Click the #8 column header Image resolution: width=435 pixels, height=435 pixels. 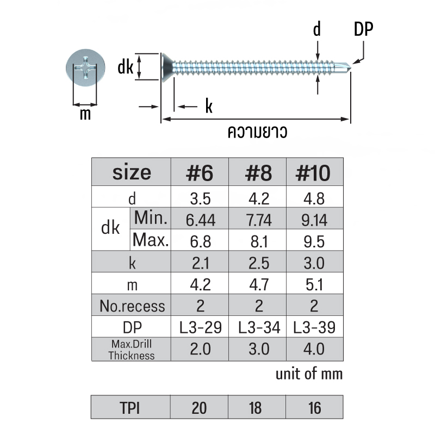point(258,173)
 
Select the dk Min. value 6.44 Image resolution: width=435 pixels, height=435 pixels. point(201,220)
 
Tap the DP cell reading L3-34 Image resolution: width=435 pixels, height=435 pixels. point(259,327)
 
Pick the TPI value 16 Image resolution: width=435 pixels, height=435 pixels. point(315,408)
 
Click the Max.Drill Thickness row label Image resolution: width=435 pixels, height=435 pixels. point(132,350)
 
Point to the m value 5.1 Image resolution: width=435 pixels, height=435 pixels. point(314,285)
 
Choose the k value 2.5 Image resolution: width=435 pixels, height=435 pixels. point(259,263)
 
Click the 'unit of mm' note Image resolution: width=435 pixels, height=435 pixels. point(309,374)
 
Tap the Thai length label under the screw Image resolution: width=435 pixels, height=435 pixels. point(257,132)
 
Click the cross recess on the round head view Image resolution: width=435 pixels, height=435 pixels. point(85,67)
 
